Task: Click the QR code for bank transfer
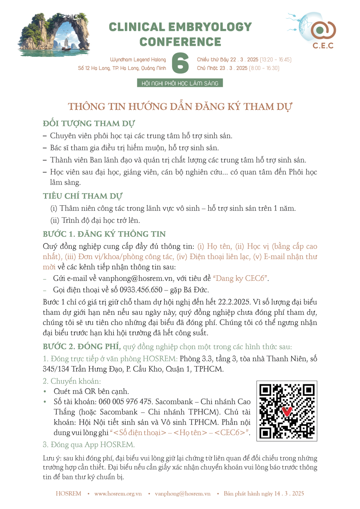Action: click(x=287, y=411)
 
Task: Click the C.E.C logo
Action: click(x=323, y=32)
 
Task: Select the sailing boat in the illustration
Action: click(x=66, y=44)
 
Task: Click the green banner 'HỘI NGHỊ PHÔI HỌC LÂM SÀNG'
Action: click(x=180, y=84)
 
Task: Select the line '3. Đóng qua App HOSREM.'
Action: click(x=89, y=445)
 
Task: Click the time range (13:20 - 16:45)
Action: click(x=276, y=59)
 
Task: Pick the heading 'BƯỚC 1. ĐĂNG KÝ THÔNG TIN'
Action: click(x=104, y=234)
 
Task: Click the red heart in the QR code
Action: click(x=287, y=411)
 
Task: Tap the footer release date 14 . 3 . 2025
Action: click(x=287, y=494)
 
